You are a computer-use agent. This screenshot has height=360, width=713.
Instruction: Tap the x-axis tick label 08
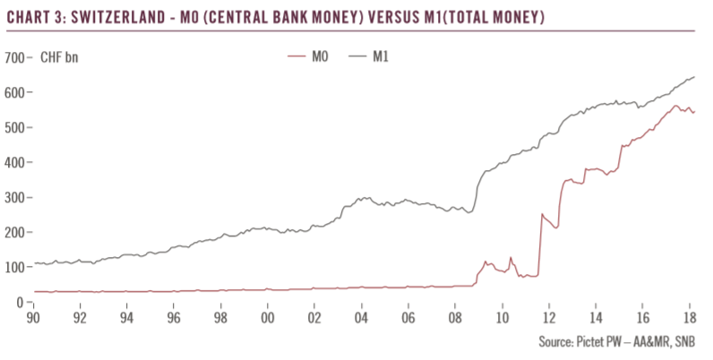point(454,318)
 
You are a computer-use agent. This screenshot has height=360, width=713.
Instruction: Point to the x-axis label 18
point(689,318)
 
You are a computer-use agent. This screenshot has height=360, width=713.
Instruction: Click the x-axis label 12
point(548,318)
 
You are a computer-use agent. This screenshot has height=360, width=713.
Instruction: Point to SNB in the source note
point(685,340)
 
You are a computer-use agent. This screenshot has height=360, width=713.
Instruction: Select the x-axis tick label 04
point(361,318)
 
